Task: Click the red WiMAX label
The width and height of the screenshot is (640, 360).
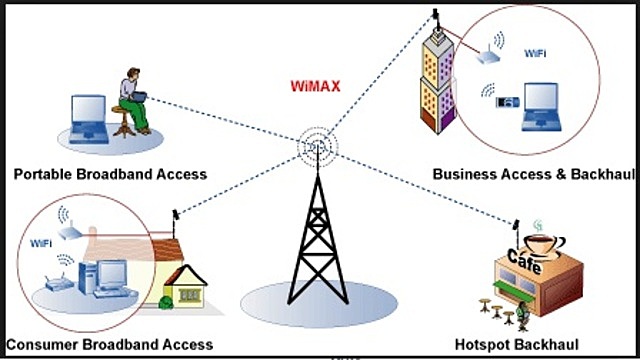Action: pyautogui.click(x=316, y=86)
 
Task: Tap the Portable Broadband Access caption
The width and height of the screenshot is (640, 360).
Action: pyautogui.click(x=110, y=174)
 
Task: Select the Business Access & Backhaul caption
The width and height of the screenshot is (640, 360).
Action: pyautogui.click(x=535, y=174)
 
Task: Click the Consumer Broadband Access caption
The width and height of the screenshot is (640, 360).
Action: pyautogui.click(x=108, y=345)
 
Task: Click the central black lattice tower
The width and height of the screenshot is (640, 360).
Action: pyautogui.click(x=319, y=240)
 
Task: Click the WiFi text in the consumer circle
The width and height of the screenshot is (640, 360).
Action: pyautogui.click(x=41, y=242)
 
